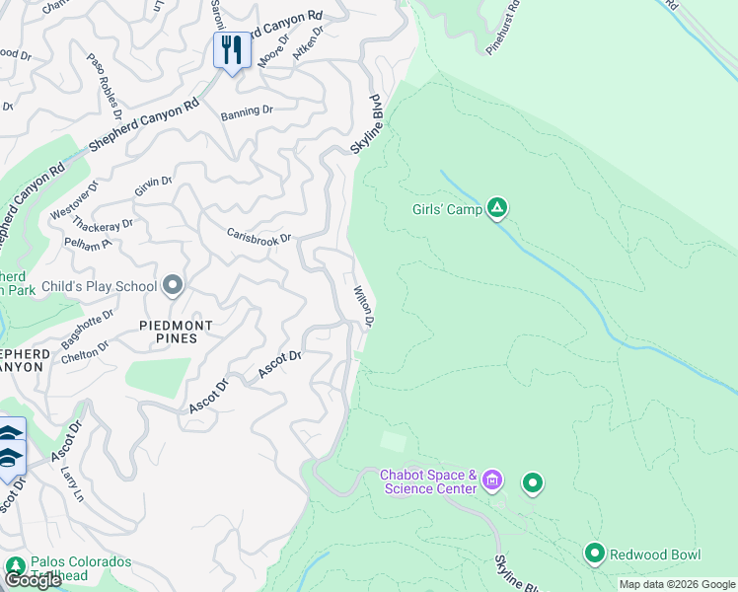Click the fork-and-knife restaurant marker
[232, 49]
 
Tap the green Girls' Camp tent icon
[498, 208]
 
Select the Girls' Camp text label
[447, 209]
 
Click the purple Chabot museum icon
[492, 482]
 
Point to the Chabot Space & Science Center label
[429, 481]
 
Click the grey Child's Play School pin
[174, 286]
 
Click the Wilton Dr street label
[363, 307]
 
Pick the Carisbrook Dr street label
[259, 238]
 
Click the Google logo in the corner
[33, 579]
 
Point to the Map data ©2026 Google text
[676, 584]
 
